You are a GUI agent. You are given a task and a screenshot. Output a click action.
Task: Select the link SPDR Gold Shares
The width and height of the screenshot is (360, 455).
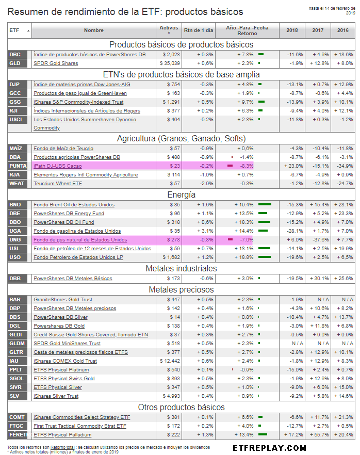pos(56,63)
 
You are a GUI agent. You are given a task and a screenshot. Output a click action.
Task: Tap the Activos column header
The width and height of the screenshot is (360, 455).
pos(169,30)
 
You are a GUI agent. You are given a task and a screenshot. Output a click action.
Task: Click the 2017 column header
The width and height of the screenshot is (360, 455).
pos(318,30)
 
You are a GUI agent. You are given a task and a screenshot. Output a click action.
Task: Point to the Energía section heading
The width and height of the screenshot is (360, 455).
pos(181,194)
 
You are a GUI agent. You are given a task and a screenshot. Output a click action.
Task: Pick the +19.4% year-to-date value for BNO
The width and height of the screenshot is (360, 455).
pos(245,204)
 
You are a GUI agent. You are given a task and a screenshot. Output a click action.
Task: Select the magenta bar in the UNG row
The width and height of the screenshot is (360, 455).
pos(230,240)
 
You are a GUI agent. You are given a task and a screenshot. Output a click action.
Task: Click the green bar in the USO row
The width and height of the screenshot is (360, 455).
pos(265,257)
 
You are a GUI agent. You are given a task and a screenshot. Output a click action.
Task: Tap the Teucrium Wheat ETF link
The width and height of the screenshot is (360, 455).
pos(58,183)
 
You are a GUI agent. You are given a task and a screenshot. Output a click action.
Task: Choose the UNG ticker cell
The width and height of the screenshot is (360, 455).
pos(15,239)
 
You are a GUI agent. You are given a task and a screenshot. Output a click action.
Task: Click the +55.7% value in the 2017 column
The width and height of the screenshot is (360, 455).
pos(318,434)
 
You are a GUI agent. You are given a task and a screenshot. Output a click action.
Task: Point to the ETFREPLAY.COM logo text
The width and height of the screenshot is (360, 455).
pos(269,448)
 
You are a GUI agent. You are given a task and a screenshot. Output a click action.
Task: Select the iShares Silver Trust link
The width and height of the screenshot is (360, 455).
pos(56,396)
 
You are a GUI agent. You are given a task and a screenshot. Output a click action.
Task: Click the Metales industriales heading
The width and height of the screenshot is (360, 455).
pos(181,268)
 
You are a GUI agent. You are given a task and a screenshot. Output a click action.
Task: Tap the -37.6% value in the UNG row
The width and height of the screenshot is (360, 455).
pos(318,239)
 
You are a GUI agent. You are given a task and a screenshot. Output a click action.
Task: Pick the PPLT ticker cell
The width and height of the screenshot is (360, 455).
pos(15,369)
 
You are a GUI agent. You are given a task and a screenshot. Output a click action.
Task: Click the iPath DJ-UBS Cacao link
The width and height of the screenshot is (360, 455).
pos(58,166)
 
